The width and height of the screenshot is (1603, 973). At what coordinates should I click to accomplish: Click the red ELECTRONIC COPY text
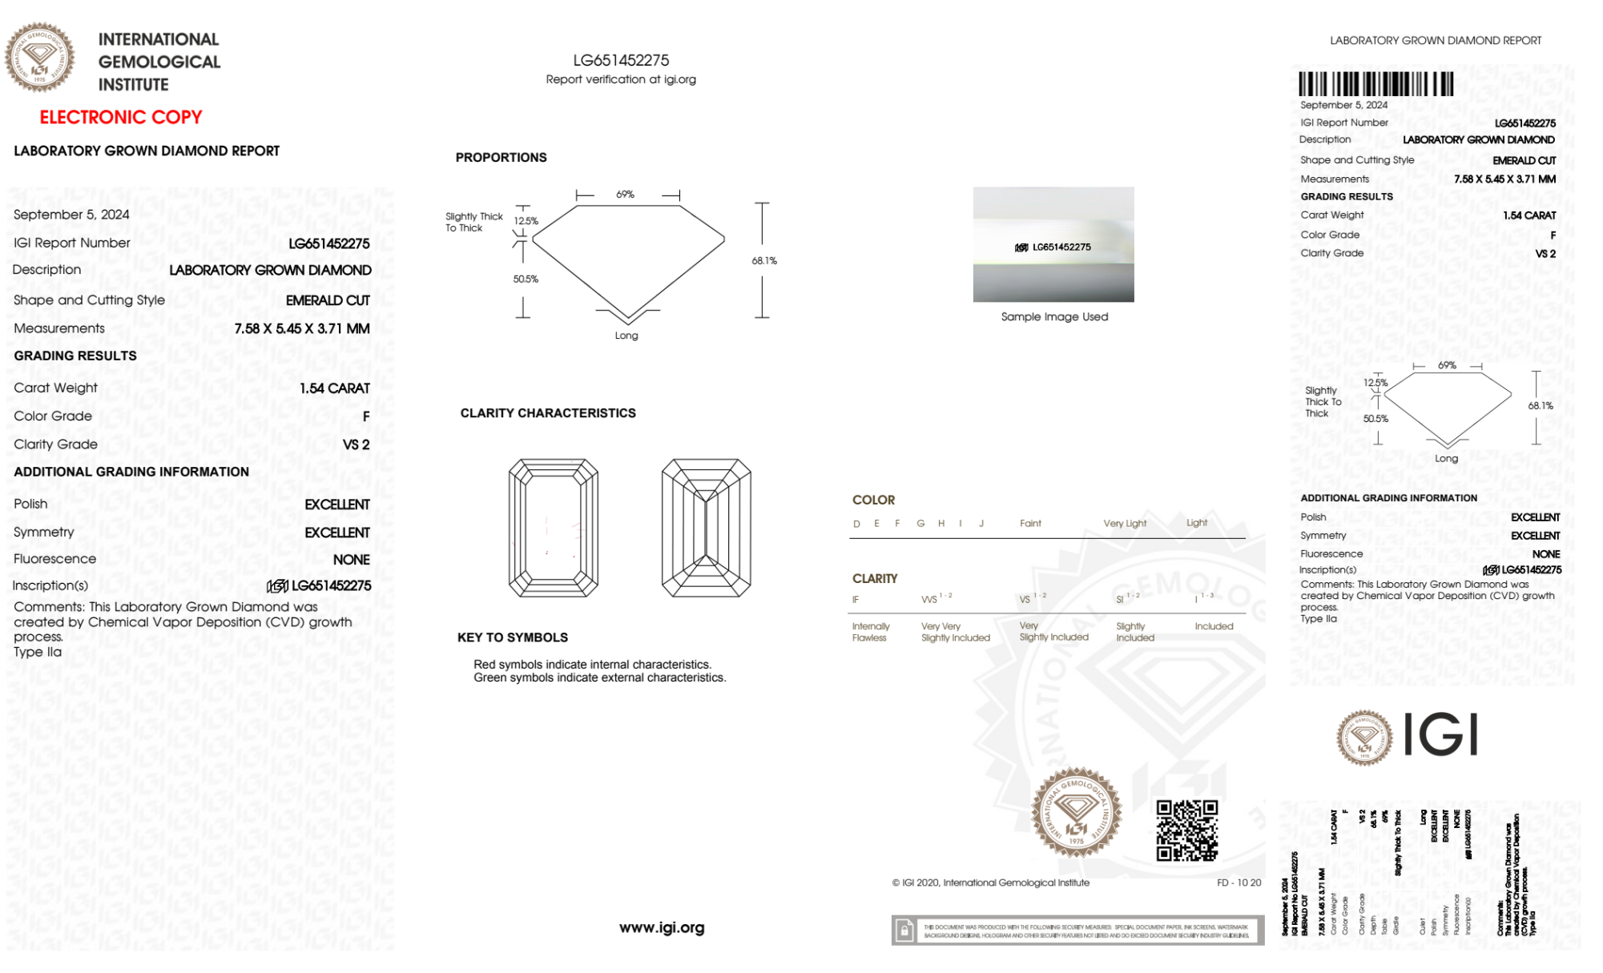pyautogui.click(x=121, y=118)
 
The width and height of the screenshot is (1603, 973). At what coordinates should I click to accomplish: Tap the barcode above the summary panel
pyautogui.click(x=1375, y=84)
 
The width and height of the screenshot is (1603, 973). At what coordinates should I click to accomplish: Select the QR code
pyautogui.click(x=1186, y=830)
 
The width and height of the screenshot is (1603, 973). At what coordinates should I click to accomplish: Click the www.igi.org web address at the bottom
pyautogui.click(x=662, y=927)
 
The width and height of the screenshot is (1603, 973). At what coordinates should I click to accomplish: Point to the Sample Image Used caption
pyautogui.click(x=1054, y=317)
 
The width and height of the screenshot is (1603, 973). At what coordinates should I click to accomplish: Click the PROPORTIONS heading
pyautogui.click(x=501, y=158)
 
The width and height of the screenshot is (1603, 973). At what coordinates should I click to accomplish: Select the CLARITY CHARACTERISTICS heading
pyautogui.click(x=548, y=413)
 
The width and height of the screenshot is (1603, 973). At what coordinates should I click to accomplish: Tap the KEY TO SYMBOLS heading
pyautogui.click(x=513, y=637)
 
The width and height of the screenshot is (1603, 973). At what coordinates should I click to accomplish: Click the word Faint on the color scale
pyautogui.click(x=1030, y=524)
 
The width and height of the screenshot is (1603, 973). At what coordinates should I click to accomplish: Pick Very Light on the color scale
pyautogui.click(x=1125, y=524)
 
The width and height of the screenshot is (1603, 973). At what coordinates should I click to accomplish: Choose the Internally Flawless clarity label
pyautogui.click(x=870, y=632)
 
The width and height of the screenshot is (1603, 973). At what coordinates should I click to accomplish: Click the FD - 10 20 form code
pyautogui.click(x=1238, y=883)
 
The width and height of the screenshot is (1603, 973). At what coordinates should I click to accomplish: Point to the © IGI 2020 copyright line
pyautogui.click(x=991, y=883)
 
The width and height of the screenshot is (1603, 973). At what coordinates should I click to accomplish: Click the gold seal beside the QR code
pyautogui.click(x=1076, y=813)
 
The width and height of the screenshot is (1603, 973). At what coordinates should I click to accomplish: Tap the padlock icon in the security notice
pyautogui.click(x=904, y=931)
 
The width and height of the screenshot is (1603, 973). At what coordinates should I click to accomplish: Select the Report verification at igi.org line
pyautogui.click(x=621, y=79)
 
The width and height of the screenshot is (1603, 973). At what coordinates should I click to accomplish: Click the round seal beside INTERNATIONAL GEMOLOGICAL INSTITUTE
pyautogui.click(x=39, y=58)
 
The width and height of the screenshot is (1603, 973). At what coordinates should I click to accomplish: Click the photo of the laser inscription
pyautogui.click(x=1053, y=244)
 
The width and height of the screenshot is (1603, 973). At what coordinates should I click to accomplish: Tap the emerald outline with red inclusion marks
pyautogui.click(x=553, y=528)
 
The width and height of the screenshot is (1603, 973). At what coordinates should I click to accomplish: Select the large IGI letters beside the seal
pyautogui.click(x=1441, y=734)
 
